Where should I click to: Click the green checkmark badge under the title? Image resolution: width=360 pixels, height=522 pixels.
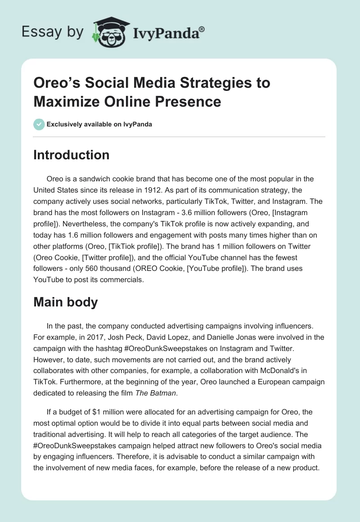[39, 124]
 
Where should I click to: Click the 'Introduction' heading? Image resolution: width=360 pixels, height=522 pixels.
[72, 155]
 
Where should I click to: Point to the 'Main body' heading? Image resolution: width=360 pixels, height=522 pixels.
[66, 302]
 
